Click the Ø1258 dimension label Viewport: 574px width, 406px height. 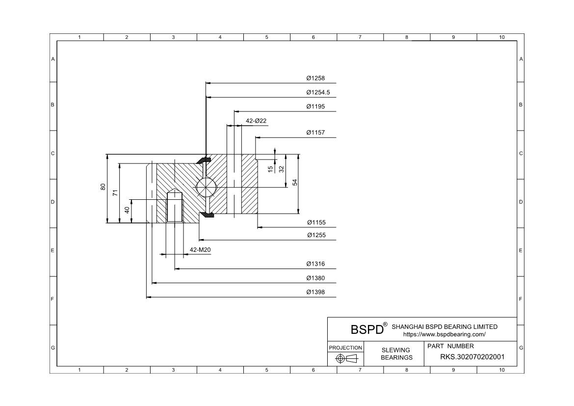(x=315, y=78)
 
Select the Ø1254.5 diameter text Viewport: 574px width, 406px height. (x=318, y=92)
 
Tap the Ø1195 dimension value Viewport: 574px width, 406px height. (x=315, y=107)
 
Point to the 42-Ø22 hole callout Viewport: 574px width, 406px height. (x=256, y=121)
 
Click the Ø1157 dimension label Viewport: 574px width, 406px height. (x=315, y=133)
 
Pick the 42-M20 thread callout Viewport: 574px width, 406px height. (x=200, y=250)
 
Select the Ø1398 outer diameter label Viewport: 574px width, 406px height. (x=315, y=292)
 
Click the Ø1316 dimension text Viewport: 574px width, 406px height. (x=315, y=264)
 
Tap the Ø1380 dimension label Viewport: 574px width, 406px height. (x=315, y=278)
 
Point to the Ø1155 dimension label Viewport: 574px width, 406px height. (x=316, y=222)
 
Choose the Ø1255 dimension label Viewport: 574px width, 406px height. (x=316, y=235)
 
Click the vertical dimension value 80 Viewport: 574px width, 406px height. (x=103, y=187)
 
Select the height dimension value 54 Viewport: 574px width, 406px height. (x=295, y=182)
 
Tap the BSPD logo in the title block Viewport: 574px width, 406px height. (x=367, y=329)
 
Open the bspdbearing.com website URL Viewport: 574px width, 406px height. (x=444, y=334)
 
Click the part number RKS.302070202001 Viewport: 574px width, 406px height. (x=471, y=357)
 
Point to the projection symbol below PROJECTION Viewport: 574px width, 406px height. (x=345, y=359)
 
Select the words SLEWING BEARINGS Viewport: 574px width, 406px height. (x=396, y=353)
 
